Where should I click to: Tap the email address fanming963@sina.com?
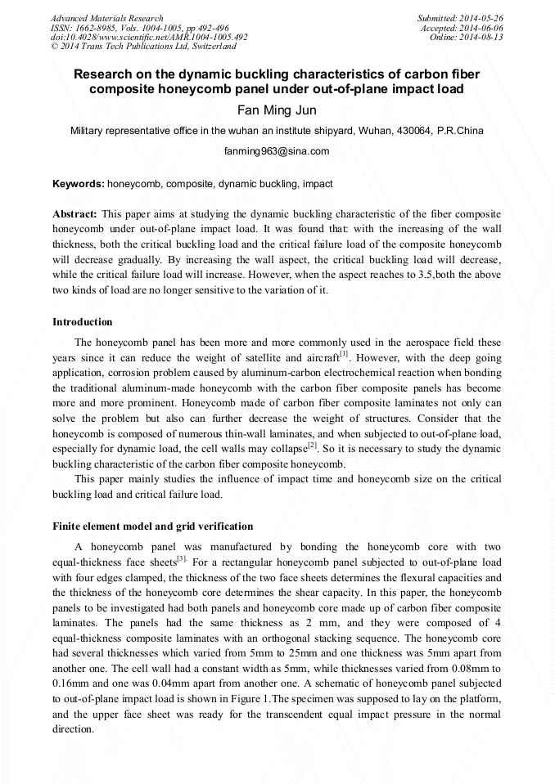click(277, 151)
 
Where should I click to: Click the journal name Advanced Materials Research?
click(107, 18)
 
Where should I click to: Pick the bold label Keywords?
click(79, 185)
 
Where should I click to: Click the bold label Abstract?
click(75, 213)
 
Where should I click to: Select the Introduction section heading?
click(83, 322)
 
